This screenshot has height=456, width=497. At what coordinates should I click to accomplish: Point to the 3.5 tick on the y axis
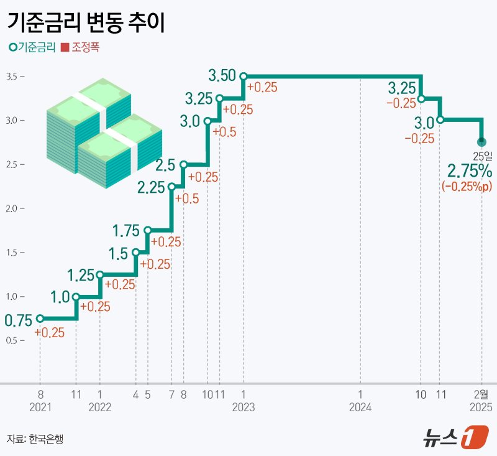12,77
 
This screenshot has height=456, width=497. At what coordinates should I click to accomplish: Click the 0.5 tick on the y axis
12,340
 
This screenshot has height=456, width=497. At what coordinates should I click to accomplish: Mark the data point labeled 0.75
40,319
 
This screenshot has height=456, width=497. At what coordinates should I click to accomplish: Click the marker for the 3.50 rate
244,77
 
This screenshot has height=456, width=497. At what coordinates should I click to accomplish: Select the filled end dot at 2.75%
481,142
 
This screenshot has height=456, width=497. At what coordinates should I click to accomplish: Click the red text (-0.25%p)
467,187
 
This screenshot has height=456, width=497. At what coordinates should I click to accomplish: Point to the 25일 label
481,156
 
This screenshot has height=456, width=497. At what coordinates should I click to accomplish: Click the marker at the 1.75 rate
147,230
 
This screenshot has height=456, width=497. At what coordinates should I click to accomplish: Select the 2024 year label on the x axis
360,407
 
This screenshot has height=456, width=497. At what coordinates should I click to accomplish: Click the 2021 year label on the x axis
40,407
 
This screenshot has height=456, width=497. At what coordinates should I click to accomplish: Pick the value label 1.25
80,274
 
